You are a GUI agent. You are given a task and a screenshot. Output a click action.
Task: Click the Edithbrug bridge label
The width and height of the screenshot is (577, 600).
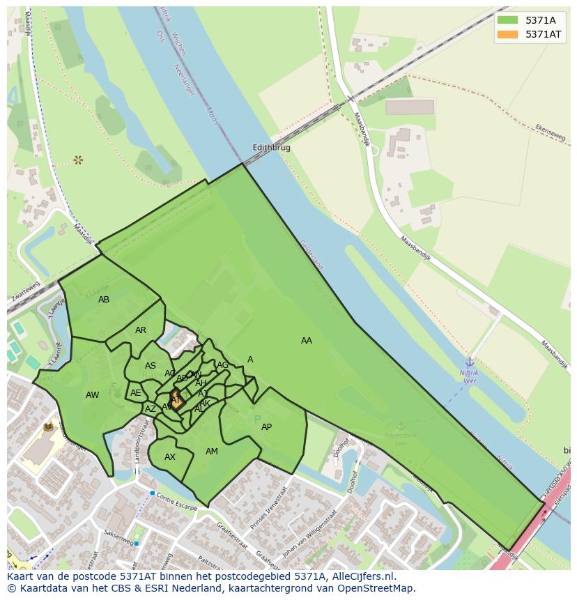pyautogui.click(x=271, y=148)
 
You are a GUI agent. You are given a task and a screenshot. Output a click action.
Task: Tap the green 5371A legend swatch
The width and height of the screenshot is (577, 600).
pyautogui.click(x=507, y=20)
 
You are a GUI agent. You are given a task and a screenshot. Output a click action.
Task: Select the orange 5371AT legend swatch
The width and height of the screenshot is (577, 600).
pyautogui.click(x=507, y=34)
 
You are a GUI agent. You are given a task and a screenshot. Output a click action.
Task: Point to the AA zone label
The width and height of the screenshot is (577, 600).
pyautogui.click(x=307, y=341)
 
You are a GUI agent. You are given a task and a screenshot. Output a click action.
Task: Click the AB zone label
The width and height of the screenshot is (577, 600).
pyautogui.click(x=104, y=300)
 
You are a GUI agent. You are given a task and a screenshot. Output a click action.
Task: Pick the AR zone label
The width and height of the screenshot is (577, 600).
pyautogui.click(x=141, y=330)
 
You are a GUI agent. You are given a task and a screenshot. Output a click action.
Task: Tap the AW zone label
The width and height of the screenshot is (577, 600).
pyautogui.click(x=92, y=395)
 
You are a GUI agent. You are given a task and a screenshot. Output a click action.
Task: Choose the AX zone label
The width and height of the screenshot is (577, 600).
pyautogui.click(x=170, y=457)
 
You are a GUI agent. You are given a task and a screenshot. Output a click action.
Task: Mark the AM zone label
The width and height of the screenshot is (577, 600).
pyautogui.click(x=212, y=452)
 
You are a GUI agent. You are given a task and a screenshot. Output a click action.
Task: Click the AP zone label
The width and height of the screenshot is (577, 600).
pyautogui.click(x=266, y=427)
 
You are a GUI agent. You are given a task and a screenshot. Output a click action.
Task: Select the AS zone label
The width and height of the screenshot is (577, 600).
pyautogui.click(x=151, y=366)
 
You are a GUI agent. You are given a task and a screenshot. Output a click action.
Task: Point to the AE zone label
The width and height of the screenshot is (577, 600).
pyautogui.click(x=136, y=393)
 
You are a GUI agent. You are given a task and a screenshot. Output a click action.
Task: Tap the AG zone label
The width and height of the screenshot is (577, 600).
pyautogui.click(x=223, y=365)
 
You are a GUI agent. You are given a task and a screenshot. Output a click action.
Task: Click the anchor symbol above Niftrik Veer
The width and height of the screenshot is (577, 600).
pyautogui.click(x=470, y=362)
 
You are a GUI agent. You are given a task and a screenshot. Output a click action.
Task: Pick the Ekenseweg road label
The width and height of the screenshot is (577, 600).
pyautogui.click(x=550, y=133)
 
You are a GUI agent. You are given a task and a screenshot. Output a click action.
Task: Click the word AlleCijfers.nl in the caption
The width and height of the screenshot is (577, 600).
pyautogui.click(x=362, y=577)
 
